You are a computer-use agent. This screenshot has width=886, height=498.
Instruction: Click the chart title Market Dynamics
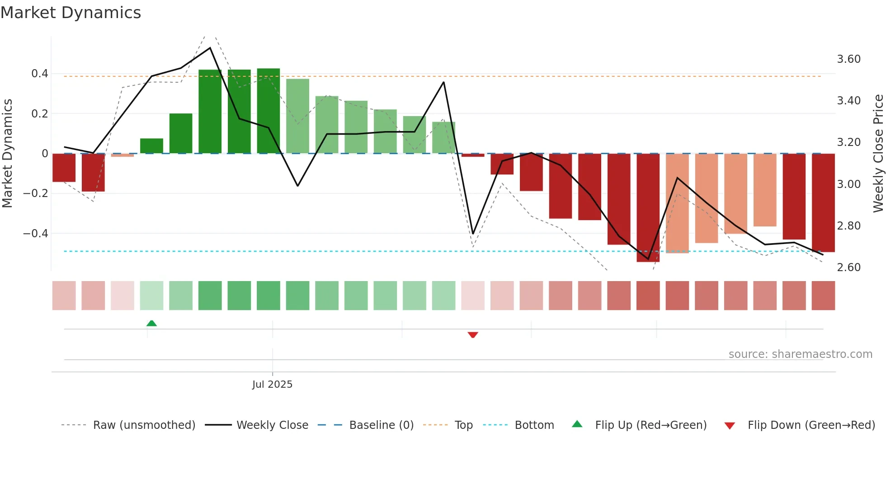click(71, 13)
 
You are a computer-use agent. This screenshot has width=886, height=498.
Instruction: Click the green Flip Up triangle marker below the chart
click(151, 323)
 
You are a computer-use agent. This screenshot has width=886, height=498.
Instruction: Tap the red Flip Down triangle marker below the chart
click(473, 335)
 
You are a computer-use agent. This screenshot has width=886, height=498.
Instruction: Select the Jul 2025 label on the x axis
click(272, 384)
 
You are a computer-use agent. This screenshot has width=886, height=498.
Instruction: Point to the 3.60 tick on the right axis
click(848, 59)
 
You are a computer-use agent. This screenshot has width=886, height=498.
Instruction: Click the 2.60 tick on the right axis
click(848, 267)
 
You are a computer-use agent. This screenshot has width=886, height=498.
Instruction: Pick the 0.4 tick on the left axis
click(39, 74)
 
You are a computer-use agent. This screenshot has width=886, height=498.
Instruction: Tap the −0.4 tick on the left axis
click(35, 234)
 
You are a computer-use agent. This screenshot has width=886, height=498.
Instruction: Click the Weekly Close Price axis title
click(878, 153)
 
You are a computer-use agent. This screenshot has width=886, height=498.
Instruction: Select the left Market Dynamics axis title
click(7, 153)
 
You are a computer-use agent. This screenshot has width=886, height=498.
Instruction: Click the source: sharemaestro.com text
click(800, 354)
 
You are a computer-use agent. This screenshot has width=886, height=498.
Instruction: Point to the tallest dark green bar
click(269, 111)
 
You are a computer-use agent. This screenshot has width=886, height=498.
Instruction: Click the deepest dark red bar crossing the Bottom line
click(648, 208)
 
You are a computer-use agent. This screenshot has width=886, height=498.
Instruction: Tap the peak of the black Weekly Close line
click(210, 48)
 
